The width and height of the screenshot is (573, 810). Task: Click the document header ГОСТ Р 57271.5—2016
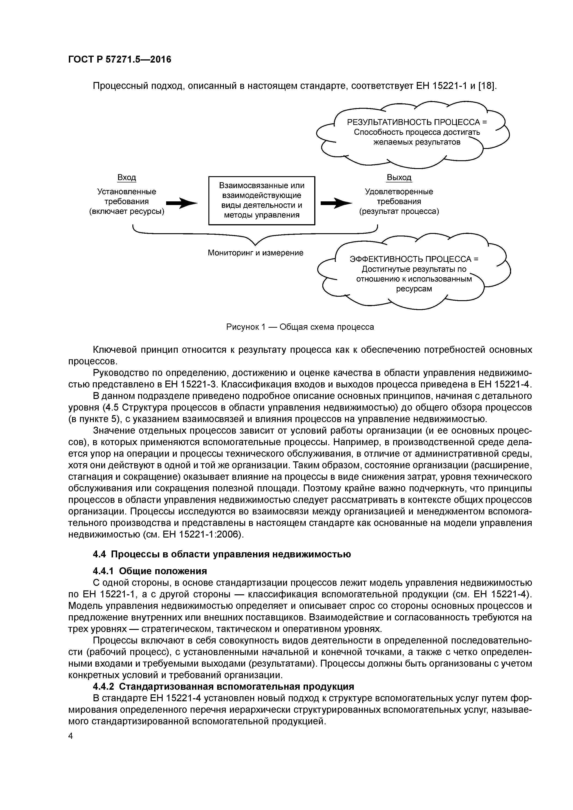[119, 60]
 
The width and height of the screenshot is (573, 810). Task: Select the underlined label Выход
[399, 178]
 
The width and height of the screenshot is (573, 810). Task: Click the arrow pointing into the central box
[181, 203]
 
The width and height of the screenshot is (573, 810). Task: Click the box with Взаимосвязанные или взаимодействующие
[262, 200]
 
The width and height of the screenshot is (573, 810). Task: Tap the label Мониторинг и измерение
[255, 253]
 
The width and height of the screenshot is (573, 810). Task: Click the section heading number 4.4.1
[104, 571]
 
